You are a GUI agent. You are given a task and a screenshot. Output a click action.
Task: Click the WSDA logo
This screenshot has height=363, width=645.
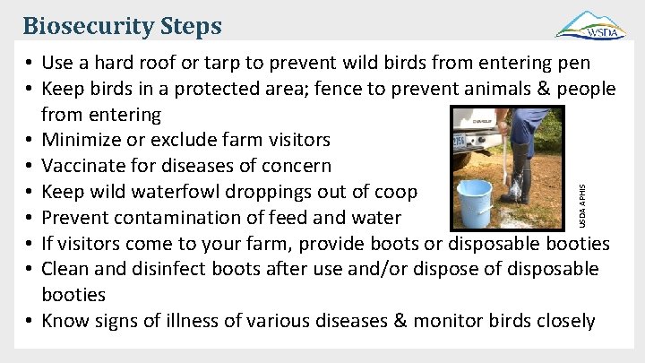click(590, 24)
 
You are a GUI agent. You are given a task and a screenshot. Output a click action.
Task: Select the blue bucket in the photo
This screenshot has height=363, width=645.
click(474, 203)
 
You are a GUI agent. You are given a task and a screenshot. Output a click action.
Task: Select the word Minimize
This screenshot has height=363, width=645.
click(82, 140)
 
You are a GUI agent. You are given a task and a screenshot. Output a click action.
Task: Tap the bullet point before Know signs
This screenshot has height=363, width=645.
click(30, 321)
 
